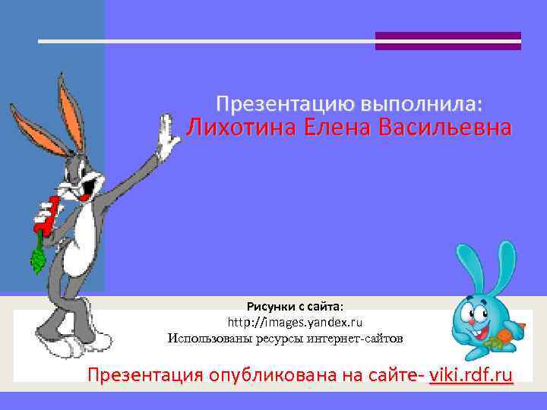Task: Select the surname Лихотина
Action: point(239,128)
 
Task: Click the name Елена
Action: point(331,128)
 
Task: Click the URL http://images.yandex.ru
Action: point(296,322)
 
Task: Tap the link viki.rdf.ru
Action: point(471,375)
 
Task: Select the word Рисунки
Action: point(269,306)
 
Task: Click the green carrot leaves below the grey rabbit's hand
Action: point(36,258)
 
